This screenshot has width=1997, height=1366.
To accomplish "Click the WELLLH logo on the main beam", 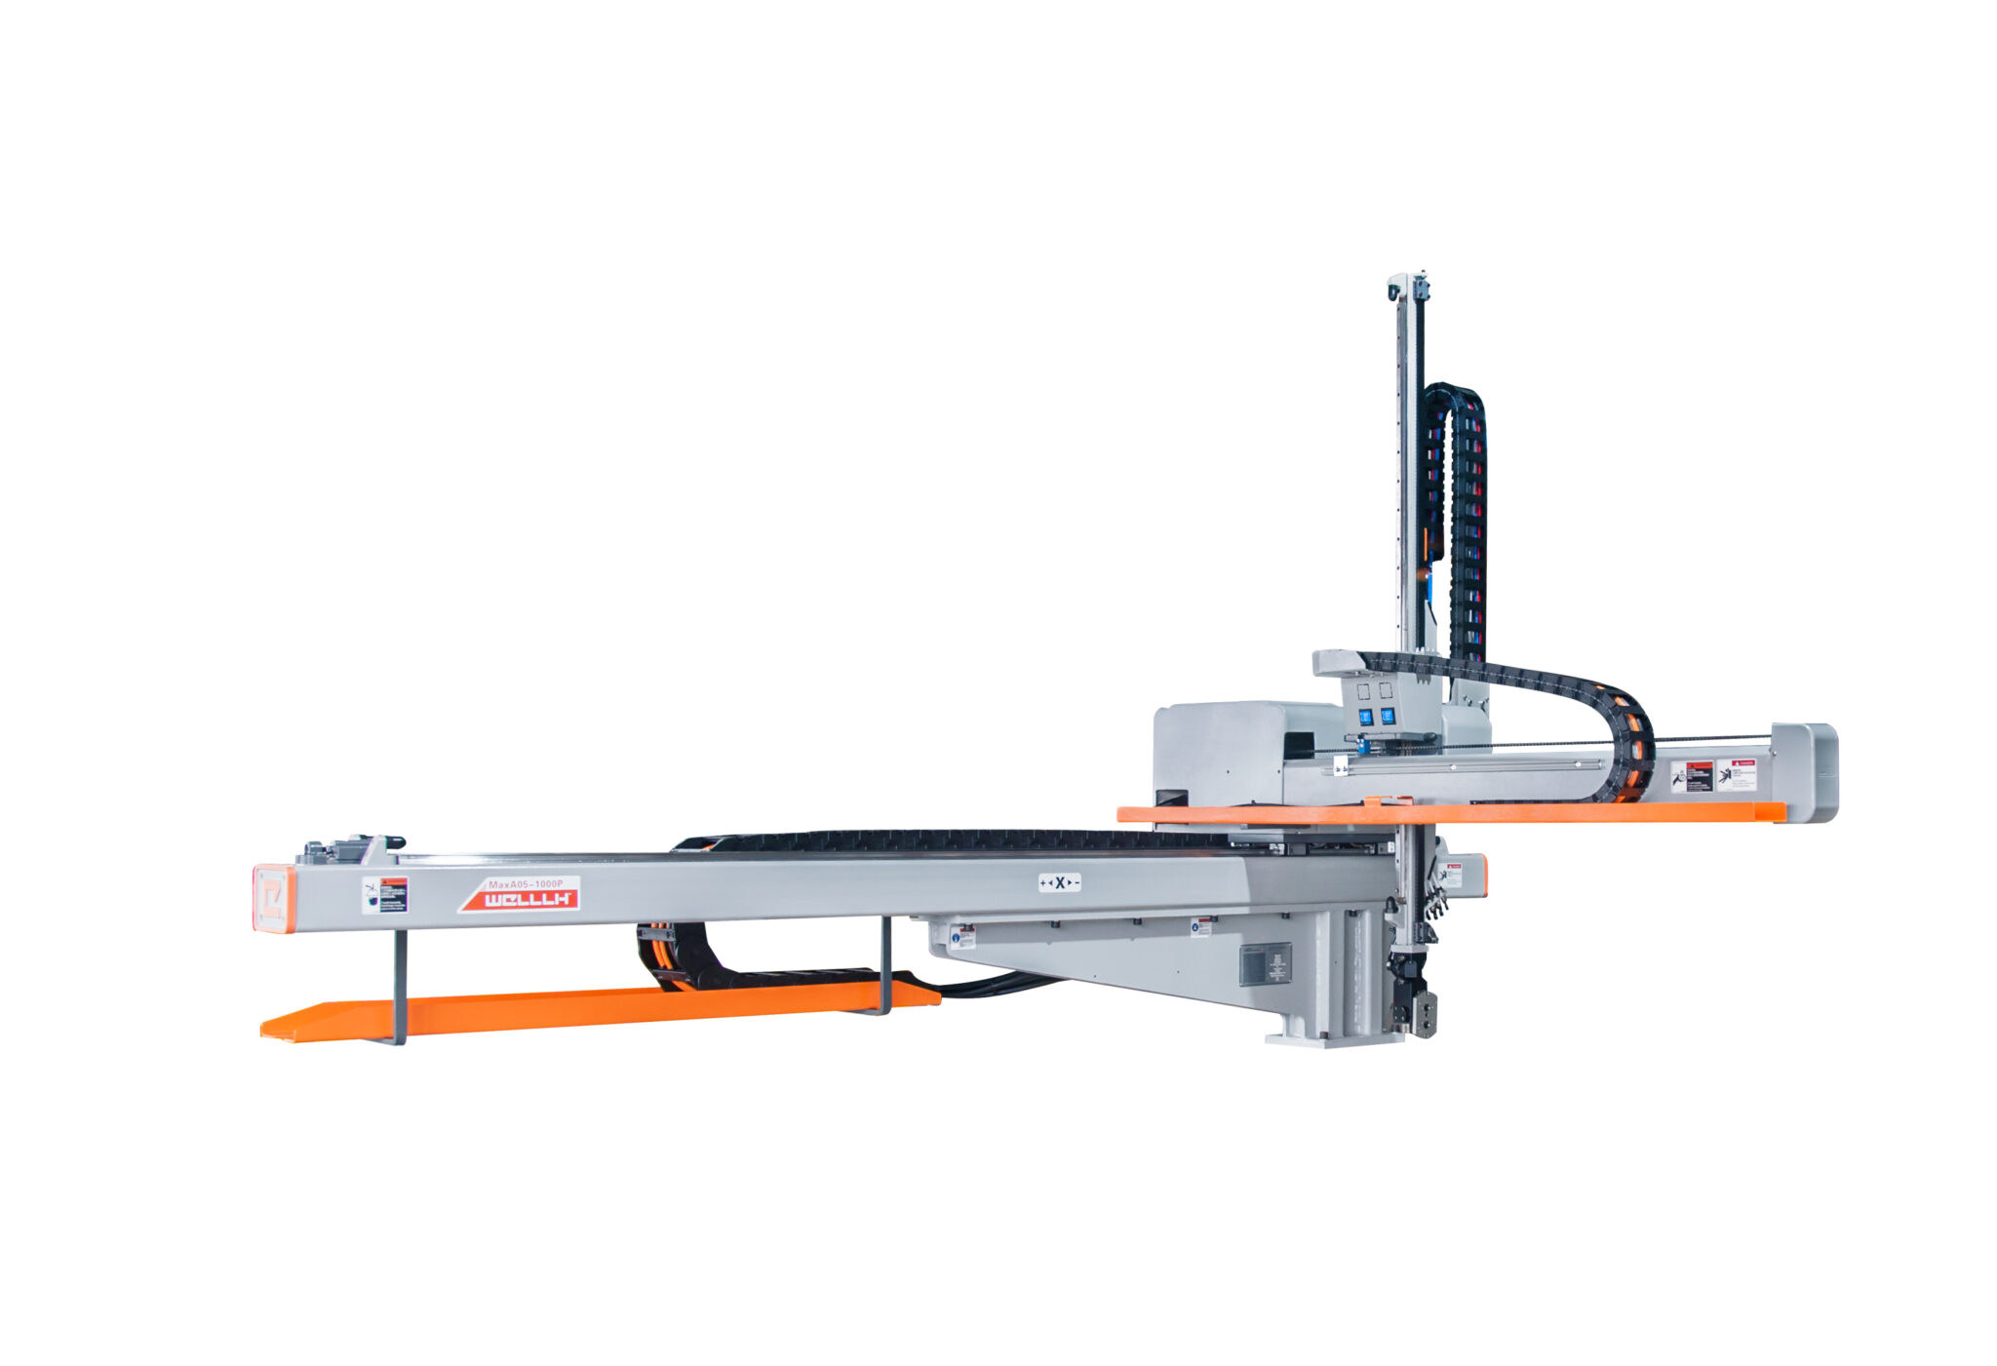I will coord(528,899).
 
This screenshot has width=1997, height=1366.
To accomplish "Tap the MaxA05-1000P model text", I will coord(532,882).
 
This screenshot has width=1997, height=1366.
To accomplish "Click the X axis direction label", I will coord(1059,882).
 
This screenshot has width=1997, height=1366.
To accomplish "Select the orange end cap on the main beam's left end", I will coord(272,898).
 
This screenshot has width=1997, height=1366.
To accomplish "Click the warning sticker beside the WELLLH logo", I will coord(385,894).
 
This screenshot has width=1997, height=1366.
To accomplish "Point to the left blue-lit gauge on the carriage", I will coord(1366,717).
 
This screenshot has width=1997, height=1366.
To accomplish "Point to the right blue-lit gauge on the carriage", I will coord(1387,716).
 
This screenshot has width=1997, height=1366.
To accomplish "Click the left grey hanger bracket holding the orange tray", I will coord(400,985).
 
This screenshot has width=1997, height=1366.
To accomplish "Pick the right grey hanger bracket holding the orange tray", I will coord(885,965).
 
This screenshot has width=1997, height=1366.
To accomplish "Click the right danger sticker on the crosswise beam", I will coord(1736,774).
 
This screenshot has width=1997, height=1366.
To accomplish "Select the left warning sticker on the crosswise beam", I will coord(1692,777).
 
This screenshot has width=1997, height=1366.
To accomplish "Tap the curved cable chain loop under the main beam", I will coord(663,956).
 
